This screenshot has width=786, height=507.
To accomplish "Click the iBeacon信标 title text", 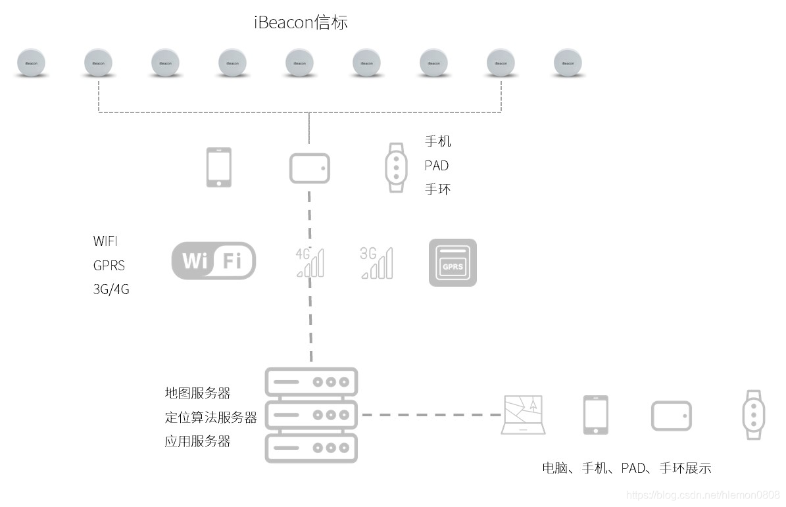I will [x=301, y=22].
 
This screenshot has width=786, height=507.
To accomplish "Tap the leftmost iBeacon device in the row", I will [x=31, y=63].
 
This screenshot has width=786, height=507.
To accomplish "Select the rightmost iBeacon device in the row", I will [x=568, y=63].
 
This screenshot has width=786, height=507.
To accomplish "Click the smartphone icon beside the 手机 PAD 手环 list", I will [x=219, y=168].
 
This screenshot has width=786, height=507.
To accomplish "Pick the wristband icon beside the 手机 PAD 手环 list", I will [x=395, y=168].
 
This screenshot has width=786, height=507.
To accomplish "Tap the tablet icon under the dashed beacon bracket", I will [x=309, y=168].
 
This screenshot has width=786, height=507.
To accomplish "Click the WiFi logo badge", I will [x=214, y=261].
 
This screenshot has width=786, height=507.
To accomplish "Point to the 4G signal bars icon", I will [x=310, y=262].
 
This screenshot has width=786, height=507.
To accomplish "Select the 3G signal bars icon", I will [x=376, y=262].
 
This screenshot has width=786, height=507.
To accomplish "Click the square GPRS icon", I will [x=453, y=262].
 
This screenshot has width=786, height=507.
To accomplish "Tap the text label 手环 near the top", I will [x=437, y=189].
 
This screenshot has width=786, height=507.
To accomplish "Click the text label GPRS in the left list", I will [x=109, y=265].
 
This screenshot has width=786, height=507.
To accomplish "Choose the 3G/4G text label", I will [x=111, y=289].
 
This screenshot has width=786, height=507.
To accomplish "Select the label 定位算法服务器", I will [x=210, y=417].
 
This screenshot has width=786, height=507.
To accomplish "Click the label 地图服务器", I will [x=197, y=393].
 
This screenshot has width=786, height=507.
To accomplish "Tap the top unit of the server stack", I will [x=311, y=382].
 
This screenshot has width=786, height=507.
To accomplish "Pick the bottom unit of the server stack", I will [x=311, y=448].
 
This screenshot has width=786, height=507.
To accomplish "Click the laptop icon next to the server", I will [x=524, y=415].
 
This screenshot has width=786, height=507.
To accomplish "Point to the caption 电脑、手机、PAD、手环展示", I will [x=626, y=468].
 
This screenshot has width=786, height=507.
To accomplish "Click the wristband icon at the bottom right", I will [x=752, y=415].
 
